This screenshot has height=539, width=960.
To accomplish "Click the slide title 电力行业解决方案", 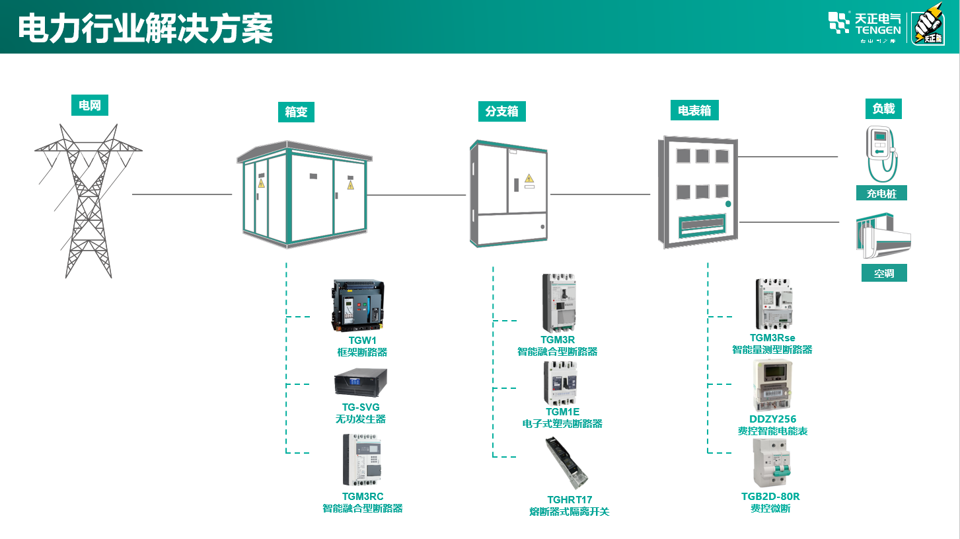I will tap(145, 29).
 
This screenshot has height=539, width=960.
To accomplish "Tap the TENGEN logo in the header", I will tap(865, 26).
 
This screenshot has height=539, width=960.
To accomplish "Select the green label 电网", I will tap(89, 105).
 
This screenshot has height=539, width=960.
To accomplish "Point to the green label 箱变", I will tap(296, 112).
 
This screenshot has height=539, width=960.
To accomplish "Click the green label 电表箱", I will tap(694, 110).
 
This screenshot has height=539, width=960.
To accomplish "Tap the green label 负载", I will tap(883, 109).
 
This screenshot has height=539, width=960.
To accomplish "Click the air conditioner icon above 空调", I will tap(883, 236).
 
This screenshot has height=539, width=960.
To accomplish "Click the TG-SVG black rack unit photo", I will tap(360, 382).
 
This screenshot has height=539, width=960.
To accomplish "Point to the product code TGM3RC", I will tap(363, 497).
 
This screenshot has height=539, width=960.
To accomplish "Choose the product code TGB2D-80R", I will tap(770, 497).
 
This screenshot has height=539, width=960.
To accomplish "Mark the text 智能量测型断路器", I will tap(772, 350).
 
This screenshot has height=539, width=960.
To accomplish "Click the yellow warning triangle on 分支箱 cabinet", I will tap(529, 178).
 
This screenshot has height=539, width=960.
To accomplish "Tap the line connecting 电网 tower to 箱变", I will tap(182, 194).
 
